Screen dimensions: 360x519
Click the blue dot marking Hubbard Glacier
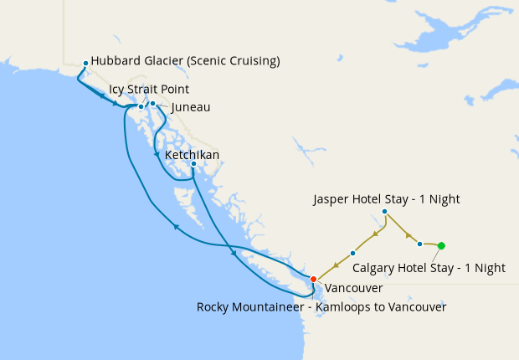click(85, 63)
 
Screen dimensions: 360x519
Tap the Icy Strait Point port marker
click(141, 107)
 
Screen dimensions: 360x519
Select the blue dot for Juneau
click(152, 103)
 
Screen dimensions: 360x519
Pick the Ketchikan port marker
click(193, 164)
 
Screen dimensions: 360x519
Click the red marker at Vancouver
click(313, 279)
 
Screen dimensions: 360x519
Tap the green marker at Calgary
click(441, 245)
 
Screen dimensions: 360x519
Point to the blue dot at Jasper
click(384, 212)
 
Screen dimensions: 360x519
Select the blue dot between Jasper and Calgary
click(419, 244)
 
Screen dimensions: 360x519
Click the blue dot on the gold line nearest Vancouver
click(352, 253)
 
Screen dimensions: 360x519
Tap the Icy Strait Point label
click(149, 89)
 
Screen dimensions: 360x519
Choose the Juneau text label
click(190, 107)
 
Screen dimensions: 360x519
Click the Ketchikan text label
click(192, 155)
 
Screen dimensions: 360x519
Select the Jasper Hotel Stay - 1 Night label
click(386, 199)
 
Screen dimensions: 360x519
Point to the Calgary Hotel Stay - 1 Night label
click(429, 268)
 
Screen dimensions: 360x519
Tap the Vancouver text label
click(353, 288)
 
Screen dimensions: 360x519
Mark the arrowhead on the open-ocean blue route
click(174, 226)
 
